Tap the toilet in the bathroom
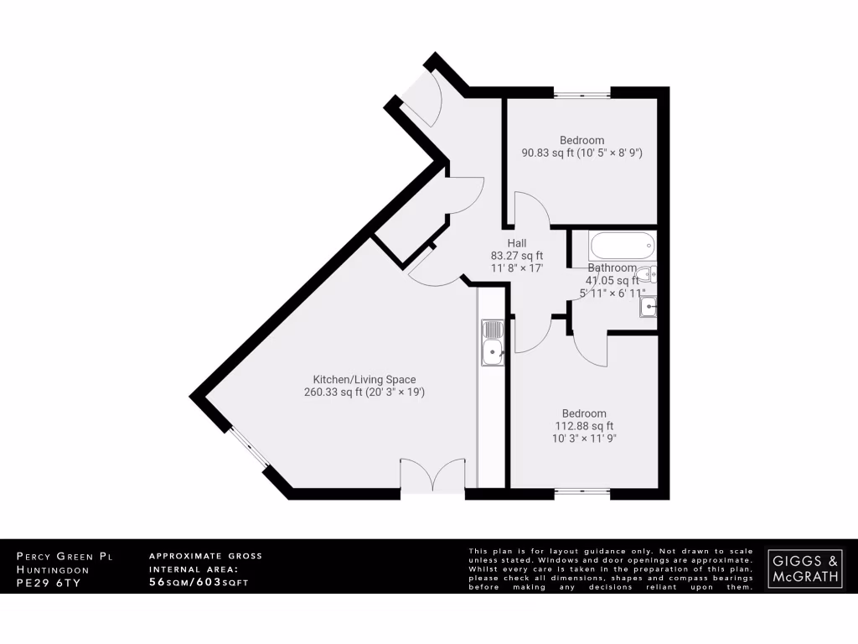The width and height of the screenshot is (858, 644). [x=646, y=273]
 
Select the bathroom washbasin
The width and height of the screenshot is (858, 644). [x=648, y=308]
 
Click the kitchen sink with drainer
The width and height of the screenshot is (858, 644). [x=492, y=343]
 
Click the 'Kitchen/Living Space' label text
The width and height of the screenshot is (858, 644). [x=364, y=379]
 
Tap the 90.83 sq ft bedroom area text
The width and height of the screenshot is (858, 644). [x=581, y=153]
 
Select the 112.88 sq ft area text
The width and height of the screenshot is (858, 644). [x=584, y=426]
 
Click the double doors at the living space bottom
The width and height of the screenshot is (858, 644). [x=432, y=476]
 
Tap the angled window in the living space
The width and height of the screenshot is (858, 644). [x=248, y=450]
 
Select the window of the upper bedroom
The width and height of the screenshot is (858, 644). [x=581, y=91]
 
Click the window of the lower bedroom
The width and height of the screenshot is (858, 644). [x=581, y=493]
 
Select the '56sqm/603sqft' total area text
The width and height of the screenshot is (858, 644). [x=198, y=582]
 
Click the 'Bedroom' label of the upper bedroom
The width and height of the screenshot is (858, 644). [x=581, y=140]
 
